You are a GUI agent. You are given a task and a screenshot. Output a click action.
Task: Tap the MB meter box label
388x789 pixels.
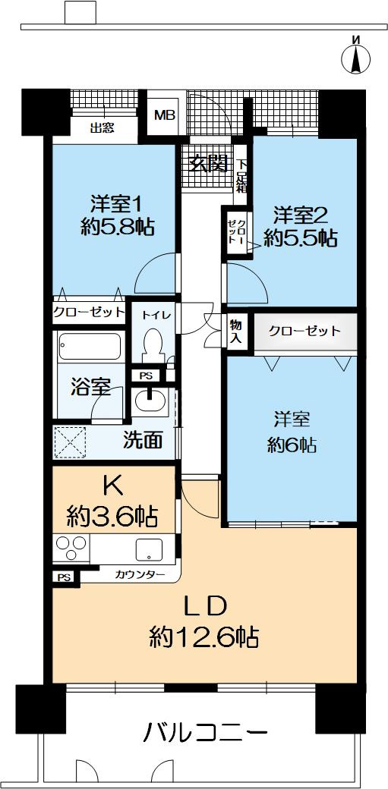164,116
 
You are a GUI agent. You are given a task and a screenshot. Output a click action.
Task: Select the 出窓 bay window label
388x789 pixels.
102,128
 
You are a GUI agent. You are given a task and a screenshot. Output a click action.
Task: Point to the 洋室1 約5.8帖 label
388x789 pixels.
115,215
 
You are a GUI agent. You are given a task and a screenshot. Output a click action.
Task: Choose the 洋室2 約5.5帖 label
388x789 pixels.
300,226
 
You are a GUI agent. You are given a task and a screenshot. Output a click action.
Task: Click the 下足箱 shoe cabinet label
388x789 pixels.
241,176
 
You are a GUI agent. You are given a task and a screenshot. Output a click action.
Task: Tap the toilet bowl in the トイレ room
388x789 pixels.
154,345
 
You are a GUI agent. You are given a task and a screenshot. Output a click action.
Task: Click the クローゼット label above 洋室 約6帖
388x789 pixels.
304,332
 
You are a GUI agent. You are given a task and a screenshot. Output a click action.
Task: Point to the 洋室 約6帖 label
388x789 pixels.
291,432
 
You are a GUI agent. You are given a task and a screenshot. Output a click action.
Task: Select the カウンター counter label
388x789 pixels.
140,575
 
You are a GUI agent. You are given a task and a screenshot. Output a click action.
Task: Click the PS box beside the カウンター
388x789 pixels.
63,577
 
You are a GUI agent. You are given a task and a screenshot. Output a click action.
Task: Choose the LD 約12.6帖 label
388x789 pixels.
203,622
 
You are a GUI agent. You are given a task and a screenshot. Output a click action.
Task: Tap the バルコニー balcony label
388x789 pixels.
205,733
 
